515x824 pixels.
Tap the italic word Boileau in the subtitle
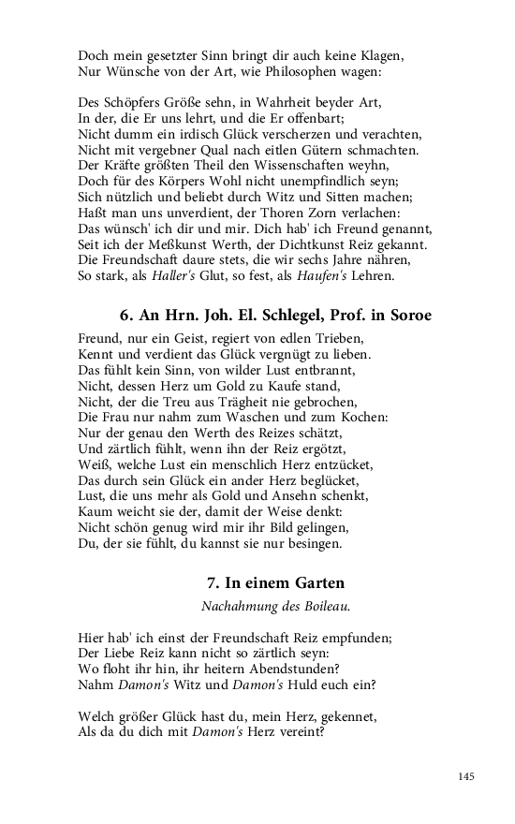pyautogui.click(x=324, y=606)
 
